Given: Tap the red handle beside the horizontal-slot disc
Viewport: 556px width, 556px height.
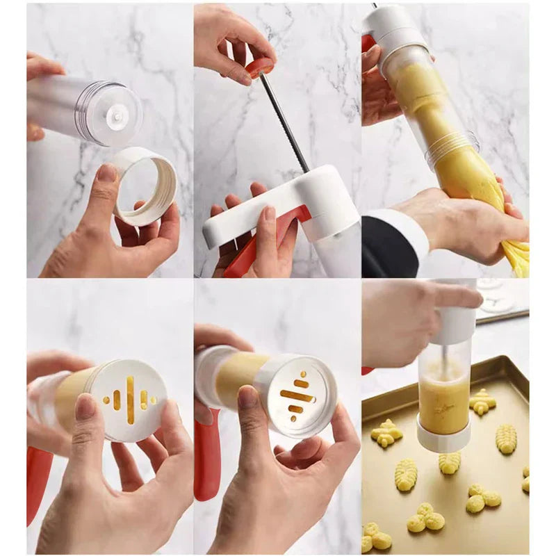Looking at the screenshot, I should pos(206,459).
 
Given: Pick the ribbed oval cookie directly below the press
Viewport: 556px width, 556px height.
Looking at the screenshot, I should pos(448,462).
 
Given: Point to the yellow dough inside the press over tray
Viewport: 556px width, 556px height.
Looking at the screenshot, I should pos(443,396).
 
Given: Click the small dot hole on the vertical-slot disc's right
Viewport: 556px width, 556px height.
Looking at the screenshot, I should pos(153,400).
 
